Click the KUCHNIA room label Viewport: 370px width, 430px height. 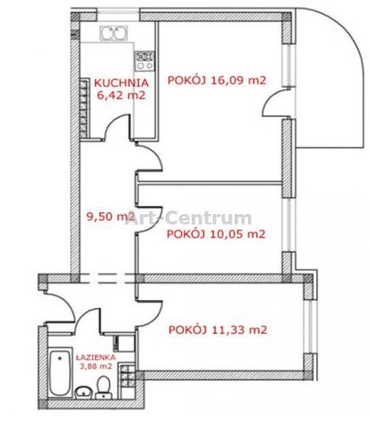pos(121,82)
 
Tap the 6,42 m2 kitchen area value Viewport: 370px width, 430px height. pos(122,95)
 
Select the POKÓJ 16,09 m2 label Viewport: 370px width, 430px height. pos(217,81)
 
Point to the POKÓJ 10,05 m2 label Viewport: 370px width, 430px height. pos(216,234)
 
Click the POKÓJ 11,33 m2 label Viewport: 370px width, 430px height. pos(218,330)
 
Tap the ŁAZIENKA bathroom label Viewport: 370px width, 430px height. pos(96,357)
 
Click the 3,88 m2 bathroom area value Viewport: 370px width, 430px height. pos(96,366)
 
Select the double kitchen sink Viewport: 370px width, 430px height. pos(114,33)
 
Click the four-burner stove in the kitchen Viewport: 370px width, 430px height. pos(144,61)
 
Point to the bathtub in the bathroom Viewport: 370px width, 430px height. pos(61,373)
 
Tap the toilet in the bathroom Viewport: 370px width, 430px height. pos(104,387)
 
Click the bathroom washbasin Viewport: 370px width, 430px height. pos(84,392)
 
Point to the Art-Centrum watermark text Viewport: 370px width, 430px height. pos(188,218)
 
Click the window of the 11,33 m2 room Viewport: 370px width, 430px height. pos(309,327)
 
